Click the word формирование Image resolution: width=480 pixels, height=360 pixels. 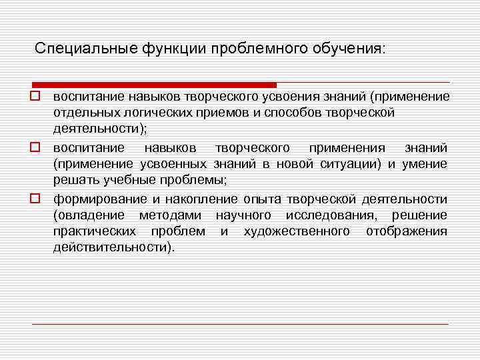tap(93, 199)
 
